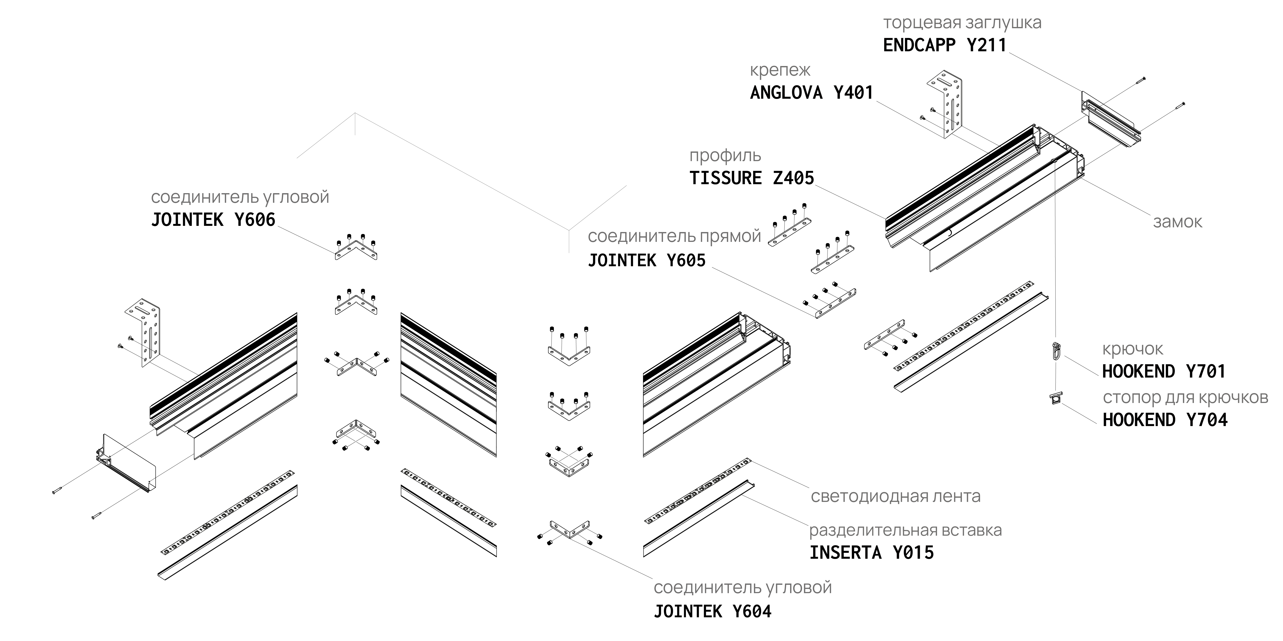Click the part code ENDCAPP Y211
click(x=944, y=45)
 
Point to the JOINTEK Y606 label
click(x=213, y=220)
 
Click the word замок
click(x=1177, y=222)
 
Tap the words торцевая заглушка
click(x=962, y=23)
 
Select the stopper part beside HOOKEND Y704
click(x=1055, y=398)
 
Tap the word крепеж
click(x=780, y=71)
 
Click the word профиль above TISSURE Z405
click(x=725, y=156)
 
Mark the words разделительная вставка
click(x=905, y=531)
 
